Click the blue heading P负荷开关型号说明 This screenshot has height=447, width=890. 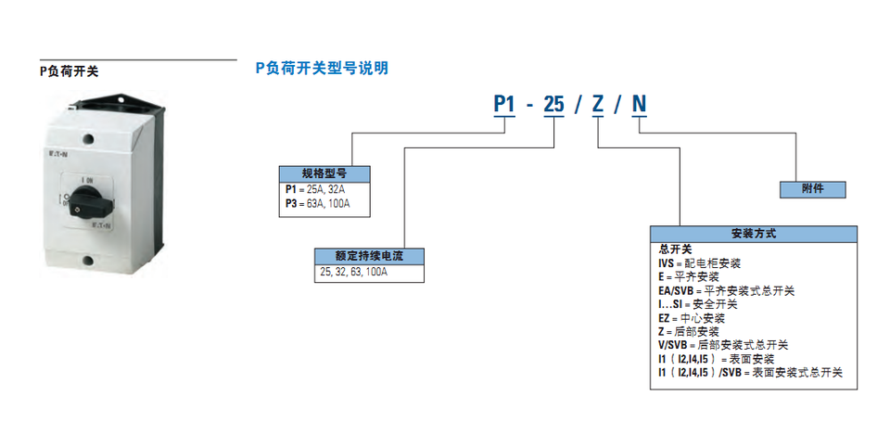click(x=321, y=68)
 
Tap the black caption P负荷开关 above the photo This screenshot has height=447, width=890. click(x=69, y=70)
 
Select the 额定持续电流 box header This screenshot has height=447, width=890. click(x=369, y=256)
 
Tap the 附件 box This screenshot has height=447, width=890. click(x=811, y=188)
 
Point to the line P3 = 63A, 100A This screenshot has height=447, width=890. click(x=317, y=204)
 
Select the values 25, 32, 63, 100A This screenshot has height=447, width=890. click(x=353, y=272)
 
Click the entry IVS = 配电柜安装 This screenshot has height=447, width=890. click(x=699, y=263)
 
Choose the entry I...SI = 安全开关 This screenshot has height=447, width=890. click(x=697, y=304)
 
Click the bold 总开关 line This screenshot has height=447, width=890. click(x=675, y=249)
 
